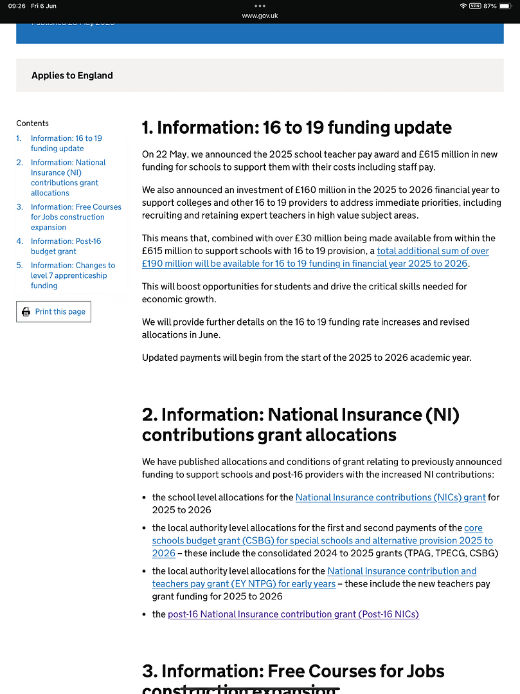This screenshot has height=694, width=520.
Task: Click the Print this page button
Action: coord(53,312)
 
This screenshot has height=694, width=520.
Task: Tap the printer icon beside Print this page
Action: coord(26,312)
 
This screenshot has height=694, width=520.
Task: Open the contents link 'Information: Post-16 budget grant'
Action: coord(66,246)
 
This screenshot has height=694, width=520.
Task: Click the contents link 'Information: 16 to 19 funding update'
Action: coord(66,143)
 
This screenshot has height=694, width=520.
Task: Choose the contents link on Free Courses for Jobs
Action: coord(76,217)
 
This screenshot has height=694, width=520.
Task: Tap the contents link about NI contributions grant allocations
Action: coord(68,178)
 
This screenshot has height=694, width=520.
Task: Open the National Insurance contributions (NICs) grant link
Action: coord(390,497)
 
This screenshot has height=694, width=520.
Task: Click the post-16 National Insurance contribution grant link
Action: coord(293,614)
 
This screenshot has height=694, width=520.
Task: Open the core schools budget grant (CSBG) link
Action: coord(322,541)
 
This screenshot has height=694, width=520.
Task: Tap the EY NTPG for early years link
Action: coord(244,583)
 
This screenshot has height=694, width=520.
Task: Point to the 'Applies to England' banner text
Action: coord(72,75)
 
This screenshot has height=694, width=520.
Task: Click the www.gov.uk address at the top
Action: coord(260,16)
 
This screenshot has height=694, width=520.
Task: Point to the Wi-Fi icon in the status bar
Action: coord(463,6)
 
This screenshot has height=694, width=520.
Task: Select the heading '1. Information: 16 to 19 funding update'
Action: coord(296,127)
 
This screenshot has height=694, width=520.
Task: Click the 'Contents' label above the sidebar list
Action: coord(32,123)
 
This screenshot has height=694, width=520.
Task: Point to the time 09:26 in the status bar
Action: coord(17,6)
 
